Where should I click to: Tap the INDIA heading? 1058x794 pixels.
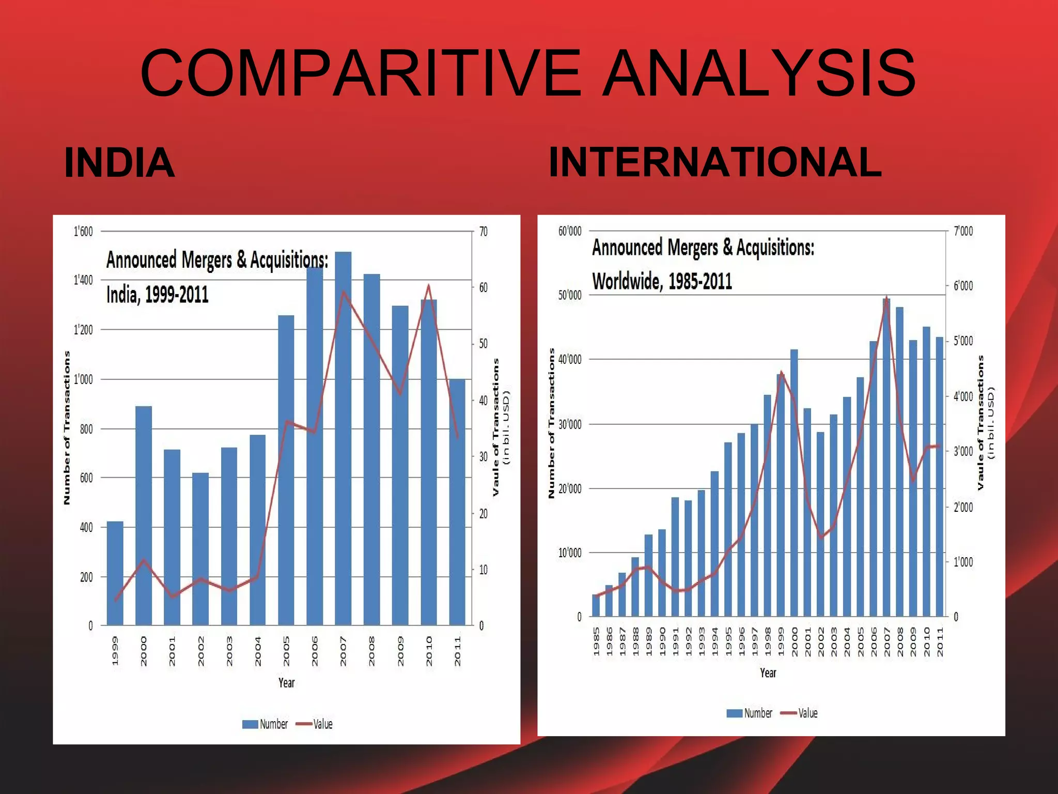tap(119, 163)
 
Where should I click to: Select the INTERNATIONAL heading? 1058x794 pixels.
tap(715, 162)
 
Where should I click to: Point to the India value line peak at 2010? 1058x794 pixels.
tap(428, 286)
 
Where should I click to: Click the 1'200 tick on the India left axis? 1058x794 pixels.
tap(83, 330)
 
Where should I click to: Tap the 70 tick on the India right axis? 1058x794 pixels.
tap(484, 232)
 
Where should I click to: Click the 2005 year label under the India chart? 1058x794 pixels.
tap(287, 651)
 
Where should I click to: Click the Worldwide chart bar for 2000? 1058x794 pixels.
tap(794, 483)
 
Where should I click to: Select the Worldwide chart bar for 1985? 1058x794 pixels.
tap(596, 605)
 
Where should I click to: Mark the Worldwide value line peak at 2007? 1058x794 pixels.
tap(886, 298)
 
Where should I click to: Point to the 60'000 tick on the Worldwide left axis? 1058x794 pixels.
tap(570, 231)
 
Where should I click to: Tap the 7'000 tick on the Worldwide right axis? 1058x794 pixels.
tap(963, 231)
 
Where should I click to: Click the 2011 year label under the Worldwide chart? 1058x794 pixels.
tap(940, 642)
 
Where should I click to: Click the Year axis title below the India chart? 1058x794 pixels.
tap(287, 683)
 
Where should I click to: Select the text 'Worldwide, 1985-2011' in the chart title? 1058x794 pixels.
tap(662, 281)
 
